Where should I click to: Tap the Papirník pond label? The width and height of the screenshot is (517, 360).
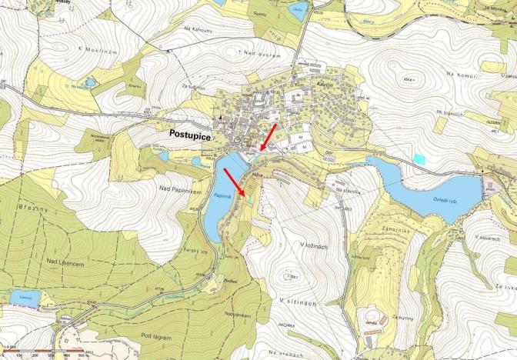216,202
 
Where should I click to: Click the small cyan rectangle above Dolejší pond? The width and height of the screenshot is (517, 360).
419,158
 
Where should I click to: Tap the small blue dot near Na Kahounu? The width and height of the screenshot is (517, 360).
168,49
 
